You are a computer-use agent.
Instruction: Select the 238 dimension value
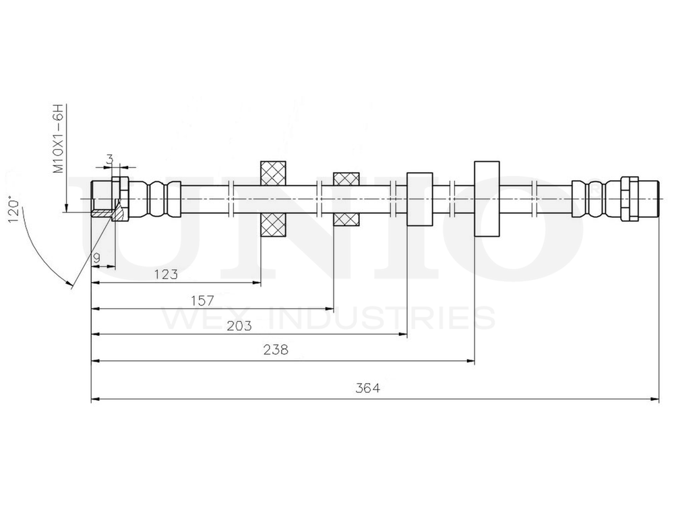[277, 349]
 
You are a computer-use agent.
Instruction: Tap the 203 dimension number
[240, 326]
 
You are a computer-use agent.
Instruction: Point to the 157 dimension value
[202, 300]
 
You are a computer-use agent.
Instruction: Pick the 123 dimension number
[166, 274]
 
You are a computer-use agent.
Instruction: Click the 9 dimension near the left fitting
[97, 257]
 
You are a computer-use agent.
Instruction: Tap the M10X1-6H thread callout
[59, 139]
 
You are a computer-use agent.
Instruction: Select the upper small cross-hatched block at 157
[346, 179]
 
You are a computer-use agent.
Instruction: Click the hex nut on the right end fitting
[629, 198]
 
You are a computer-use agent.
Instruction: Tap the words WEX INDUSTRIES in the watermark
[328, 317]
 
